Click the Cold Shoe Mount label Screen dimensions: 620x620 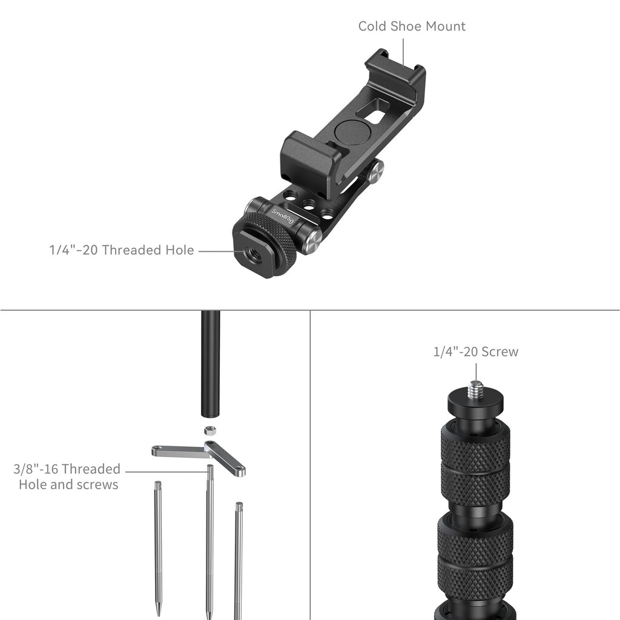[412, 26]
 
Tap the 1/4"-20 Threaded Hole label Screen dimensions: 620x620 [121, 250]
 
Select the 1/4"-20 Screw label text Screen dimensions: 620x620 [476, 352]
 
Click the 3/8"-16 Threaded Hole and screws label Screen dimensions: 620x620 [67, 477]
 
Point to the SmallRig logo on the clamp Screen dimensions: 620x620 [282, 216]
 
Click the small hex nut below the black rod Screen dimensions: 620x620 [210, 430]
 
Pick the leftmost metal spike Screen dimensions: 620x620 [158, 548]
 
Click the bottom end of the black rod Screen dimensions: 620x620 [210, 415]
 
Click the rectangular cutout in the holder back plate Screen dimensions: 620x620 [374, 112]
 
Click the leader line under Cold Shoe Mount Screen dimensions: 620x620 [403, 52]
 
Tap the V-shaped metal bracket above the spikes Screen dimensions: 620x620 [199, 457]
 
